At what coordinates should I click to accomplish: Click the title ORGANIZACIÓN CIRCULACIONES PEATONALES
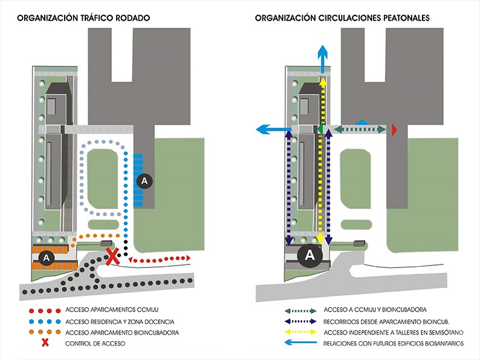tap(343, 19)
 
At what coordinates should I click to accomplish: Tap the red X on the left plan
tap(112, 256)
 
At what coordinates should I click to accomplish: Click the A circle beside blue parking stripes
tap(144, 180)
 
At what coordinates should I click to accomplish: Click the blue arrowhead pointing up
tap(323, 51)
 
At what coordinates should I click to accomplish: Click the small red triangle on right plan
tap(395, 129)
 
